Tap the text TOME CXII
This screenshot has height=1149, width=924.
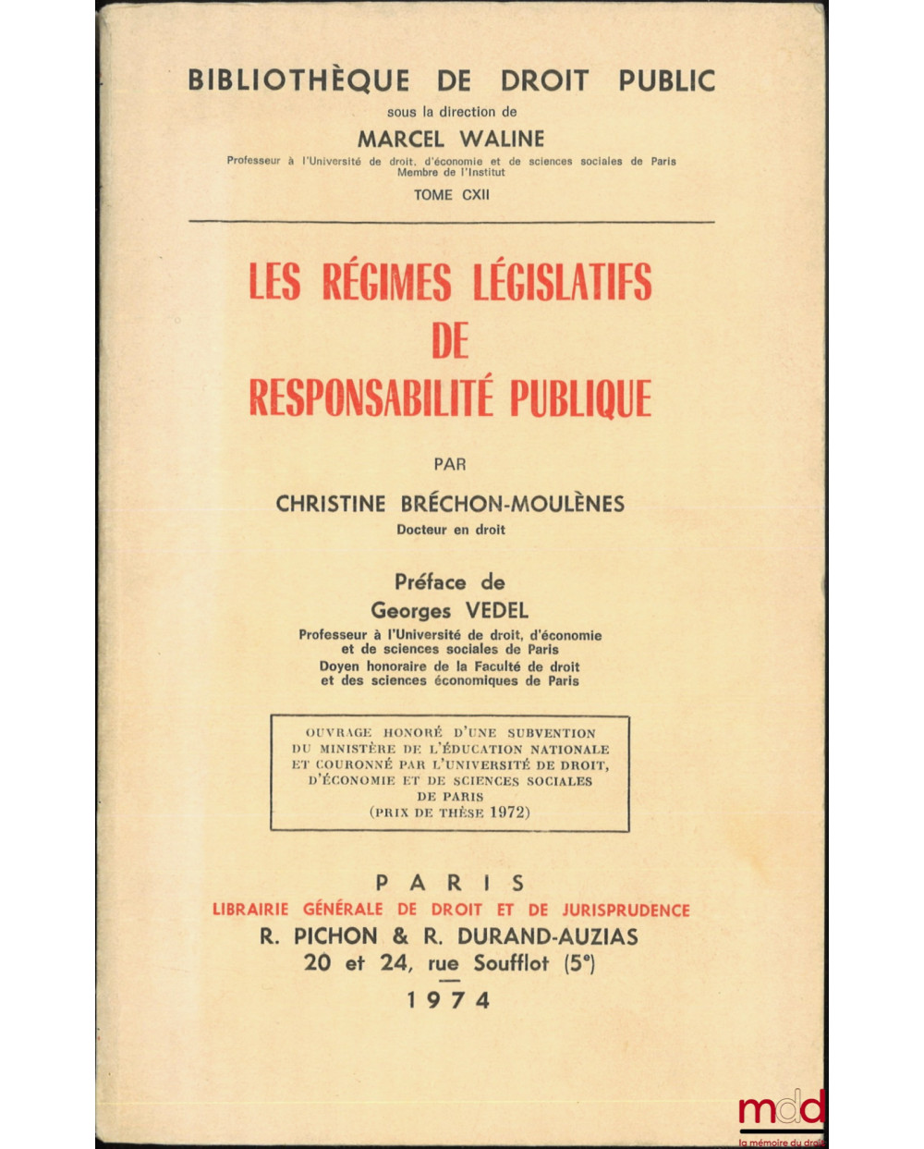tap(452, 195)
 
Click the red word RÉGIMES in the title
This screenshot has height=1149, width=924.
tap(387, 283)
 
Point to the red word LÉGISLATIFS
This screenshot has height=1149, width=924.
tap(563, 283)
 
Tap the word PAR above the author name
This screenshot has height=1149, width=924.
tap(450, 464)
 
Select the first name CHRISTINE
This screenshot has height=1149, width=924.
tap(330, 504)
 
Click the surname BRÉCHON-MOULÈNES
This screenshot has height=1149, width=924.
tap(513, 504)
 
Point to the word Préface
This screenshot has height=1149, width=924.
tap(431, 582)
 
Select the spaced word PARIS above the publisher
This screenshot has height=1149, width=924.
tap(450, 883)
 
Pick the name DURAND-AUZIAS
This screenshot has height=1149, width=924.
tap(547, 936)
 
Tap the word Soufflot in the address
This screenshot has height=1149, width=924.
tap(511, 963)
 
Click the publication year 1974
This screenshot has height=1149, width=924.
tap(450, 1000)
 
